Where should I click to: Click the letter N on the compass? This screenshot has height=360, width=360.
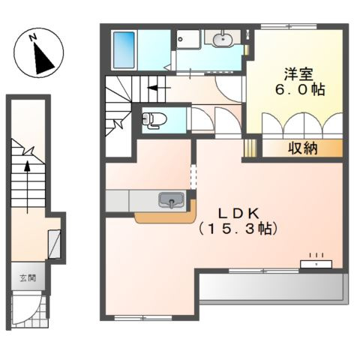point(33,37)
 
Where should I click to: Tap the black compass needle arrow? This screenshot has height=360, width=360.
point(43,58)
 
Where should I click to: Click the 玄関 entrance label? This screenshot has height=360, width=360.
point(28,277)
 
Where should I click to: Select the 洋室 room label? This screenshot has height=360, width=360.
point(298,74)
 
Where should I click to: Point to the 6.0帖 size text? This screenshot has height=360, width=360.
point(300,89)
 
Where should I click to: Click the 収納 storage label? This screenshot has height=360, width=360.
point(303,148)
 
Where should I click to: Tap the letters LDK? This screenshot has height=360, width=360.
point(238,214)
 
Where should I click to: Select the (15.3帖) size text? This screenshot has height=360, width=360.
point(238,229)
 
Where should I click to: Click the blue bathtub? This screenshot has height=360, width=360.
point(124,49)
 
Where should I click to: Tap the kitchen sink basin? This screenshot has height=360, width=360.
point(171,200)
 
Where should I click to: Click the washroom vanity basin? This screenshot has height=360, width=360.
point(222,39)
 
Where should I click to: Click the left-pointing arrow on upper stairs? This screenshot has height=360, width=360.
point(159,88)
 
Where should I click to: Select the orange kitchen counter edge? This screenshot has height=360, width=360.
point(166,217)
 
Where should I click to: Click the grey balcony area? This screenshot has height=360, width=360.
point(273,287)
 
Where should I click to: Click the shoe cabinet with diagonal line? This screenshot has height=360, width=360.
point(54,244)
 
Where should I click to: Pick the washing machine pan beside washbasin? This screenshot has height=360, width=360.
point(188,39)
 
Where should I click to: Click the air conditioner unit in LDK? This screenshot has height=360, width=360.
point(316,264)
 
